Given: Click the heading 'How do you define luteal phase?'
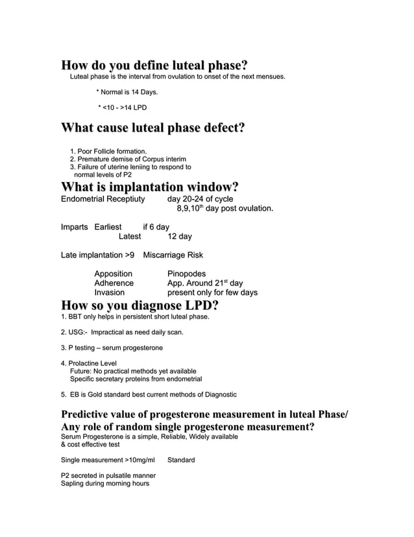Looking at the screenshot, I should [154, 66].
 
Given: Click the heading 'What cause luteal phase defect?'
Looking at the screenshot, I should [152, 129].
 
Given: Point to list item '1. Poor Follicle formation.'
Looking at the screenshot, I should [108, 151].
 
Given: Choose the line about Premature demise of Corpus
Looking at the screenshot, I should [128, 159].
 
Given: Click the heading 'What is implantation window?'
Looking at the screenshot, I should [149, 188].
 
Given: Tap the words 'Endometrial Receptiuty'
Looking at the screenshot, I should [103, 200].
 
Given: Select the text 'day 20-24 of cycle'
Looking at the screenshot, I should [201, 200].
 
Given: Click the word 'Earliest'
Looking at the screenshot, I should [108, 227].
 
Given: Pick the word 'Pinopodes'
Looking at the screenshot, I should [186, 274].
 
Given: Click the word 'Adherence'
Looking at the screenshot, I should [114, 283].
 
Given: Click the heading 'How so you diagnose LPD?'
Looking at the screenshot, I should [139, 306].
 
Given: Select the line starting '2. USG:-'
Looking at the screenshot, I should [122, 332].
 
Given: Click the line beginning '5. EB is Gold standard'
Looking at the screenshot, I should [149, 394].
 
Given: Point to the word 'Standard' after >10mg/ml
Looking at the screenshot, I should [181, 460].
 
